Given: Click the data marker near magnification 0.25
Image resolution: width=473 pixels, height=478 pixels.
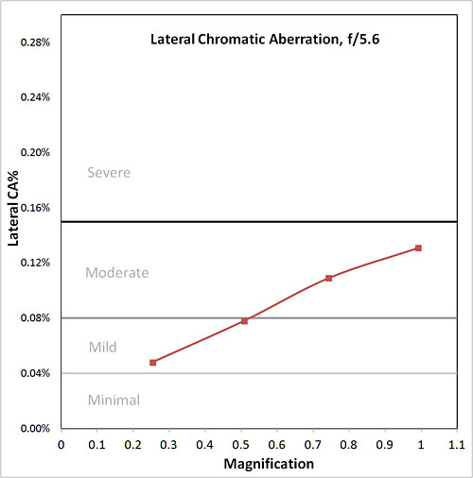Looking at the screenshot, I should [152, 362].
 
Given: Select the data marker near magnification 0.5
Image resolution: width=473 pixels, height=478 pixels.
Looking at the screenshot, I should [244, 321].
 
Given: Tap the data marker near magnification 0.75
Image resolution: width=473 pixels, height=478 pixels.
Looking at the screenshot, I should [328, 278].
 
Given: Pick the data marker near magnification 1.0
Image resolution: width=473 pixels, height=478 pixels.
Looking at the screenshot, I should [418, 248].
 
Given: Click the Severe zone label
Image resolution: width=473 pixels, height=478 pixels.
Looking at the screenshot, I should [108, 173].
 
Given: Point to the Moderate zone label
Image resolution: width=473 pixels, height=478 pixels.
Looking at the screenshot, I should [117, 273].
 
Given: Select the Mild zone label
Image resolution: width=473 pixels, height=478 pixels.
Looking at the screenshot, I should [102, 347].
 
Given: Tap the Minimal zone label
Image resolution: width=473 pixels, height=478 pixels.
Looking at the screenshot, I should [114, 400].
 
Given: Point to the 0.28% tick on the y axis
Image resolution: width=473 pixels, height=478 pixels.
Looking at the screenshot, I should [36, 43].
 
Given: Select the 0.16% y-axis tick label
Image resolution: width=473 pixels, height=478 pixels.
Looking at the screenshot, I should [36, 208].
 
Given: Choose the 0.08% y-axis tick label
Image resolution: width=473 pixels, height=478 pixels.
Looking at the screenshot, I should [36, 318].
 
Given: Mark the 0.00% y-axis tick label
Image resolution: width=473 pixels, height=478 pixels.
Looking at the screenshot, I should [36, 428].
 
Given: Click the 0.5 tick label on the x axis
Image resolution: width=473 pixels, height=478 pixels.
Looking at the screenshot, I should [241, 443].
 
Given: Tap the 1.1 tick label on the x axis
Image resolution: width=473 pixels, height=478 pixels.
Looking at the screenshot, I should [456, 443].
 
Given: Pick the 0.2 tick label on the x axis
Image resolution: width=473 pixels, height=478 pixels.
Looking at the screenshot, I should [133, 443].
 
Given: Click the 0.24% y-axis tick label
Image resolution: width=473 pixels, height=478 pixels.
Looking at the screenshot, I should [36, 98].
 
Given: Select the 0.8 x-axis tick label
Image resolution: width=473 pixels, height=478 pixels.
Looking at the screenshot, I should [348, 443].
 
